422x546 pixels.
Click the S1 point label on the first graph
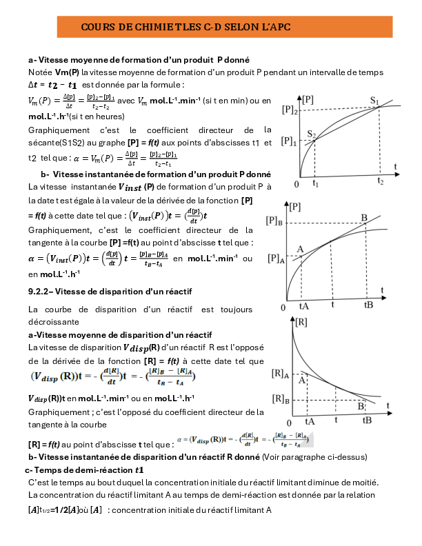point(375,101)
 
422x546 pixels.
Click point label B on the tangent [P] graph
point(364,217)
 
